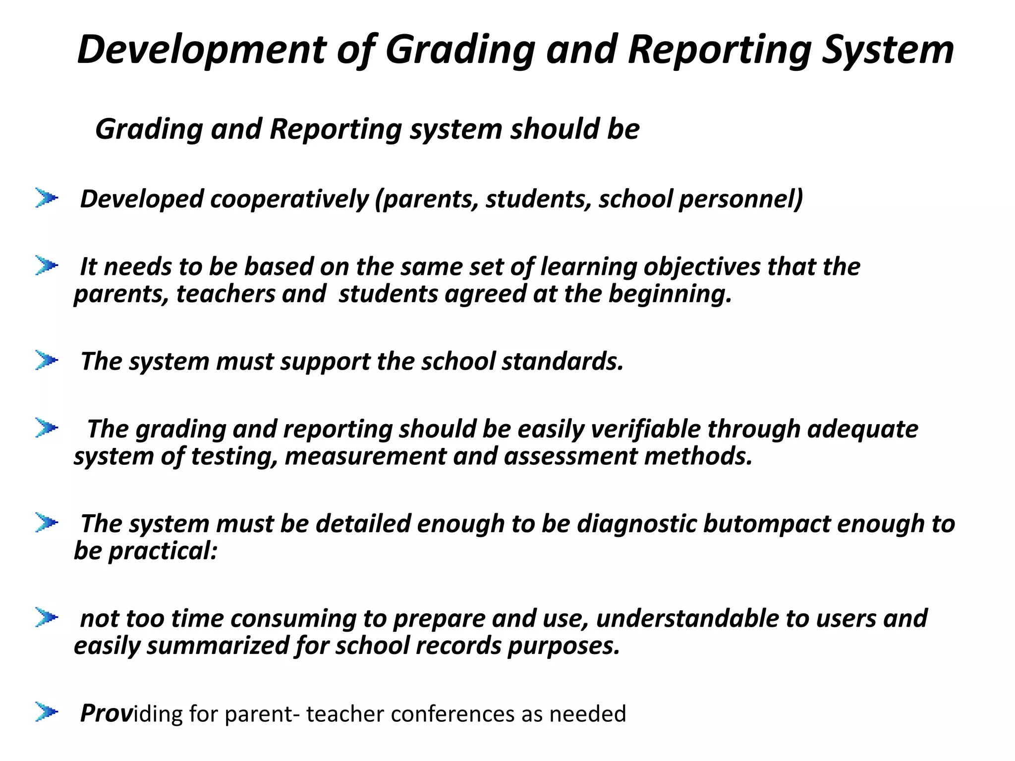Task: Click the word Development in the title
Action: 201,50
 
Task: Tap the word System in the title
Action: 888,50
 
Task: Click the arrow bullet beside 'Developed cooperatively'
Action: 47,198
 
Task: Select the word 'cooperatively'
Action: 289,199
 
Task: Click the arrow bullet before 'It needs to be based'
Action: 47,266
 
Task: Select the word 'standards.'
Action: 563,361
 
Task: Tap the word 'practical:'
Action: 163,551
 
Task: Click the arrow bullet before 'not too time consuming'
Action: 47,617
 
